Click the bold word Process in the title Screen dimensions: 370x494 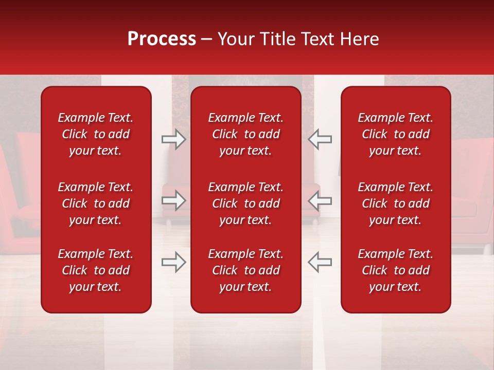162,39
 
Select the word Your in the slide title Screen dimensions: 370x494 235,39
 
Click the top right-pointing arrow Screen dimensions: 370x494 173,139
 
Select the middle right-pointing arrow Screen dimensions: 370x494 173,200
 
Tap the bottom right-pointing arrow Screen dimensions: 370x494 173,262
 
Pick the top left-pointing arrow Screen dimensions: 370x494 320,139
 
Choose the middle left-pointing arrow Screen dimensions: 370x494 320,200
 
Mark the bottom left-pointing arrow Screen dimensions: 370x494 320,262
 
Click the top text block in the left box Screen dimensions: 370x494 96,134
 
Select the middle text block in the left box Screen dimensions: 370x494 96,203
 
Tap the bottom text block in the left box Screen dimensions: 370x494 96,270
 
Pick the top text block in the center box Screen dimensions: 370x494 246,134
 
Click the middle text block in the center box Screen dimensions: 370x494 246,203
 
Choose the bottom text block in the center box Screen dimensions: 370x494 246,270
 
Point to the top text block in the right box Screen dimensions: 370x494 396,134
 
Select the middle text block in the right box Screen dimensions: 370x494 396,203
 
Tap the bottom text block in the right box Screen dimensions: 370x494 396,270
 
